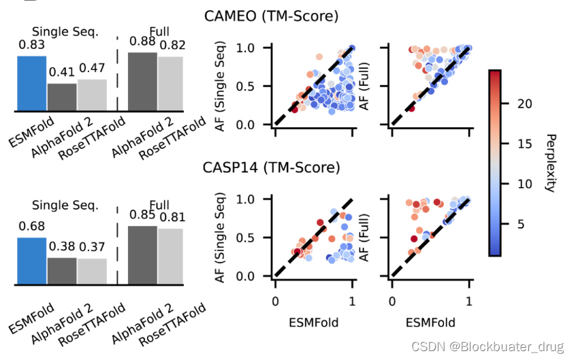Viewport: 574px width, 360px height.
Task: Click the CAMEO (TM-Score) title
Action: (x=272, y=16)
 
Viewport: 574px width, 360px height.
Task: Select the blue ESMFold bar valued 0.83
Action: (x=31, y=83)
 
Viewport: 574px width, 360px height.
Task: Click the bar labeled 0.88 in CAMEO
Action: (x=142, y=81)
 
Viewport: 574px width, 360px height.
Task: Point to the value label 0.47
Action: (x=92, y=68)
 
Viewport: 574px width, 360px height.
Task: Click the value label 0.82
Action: (x=171, y=45)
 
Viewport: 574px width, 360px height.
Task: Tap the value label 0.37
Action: (x=92, y=247)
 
